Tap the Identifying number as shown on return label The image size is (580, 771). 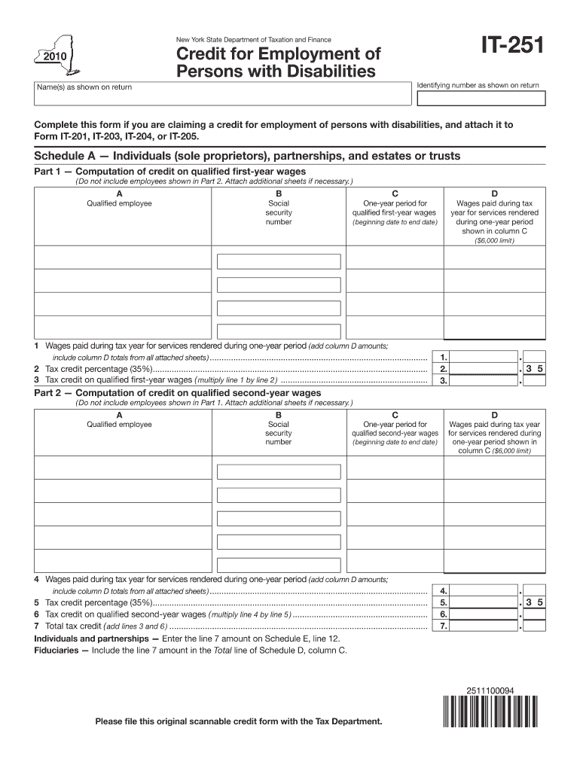(478, 85)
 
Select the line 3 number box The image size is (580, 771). (444, 381)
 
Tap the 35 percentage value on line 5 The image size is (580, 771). (534, 602)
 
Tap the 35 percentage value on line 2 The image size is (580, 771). (534, 369)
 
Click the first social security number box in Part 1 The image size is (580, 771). (278, 261)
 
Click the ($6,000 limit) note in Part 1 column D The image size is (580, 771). (494, 241)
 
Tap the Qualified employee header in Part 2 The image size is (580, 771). (119, 424)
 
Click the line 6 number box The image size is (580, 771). (444, 614)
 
